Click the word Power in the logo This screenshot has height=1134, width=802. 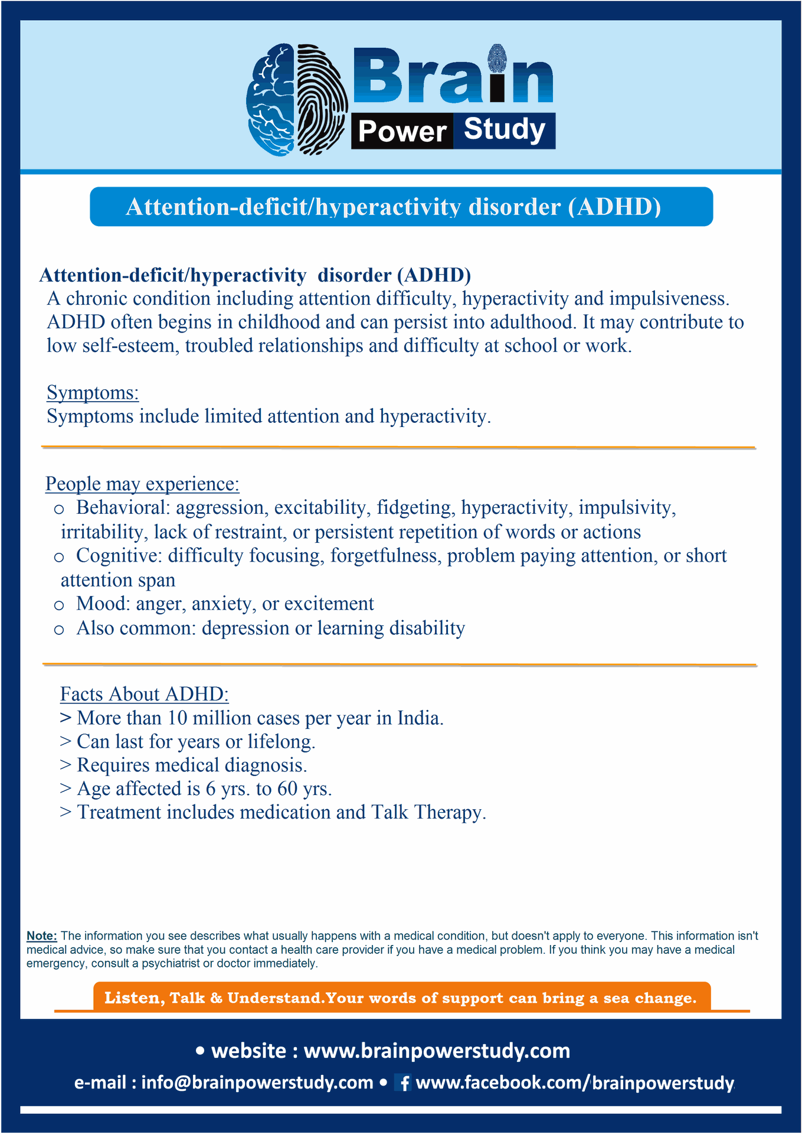pyautogui.click(x=402, y=131)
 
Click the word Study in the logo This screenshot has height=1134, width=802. pyautogui.click(x=504, y=129)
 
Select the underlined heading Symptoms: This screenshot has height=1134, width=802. pyautogui.click(x=93, y=393)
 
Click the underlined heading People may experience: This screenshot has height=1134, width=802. pyautogui.click(x=142, y=484)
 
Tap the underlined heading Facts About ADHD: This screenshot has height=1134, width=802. pyautogui.click(x=144, y=694)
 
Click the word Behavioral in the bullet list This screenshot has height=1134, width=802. pyautogui.click(x=123, y=508)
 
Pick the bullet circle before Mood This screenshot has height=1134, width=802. pyautogui.click(x=59, y=605)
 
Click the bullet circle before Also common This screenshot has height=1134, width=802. pyautogui.click(x=59, y=630)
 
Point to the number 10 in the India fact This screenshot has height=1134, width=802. pyautogui.click(x=177, y=718)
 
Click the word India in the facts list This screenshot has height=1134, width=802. pyautogui.click(x=420, y=718)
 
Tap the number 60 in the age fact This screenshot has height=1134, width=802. pyautogui.click(x=287, y=789)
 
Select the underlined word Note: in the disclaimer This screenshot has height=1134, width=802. pyautogui.click(x=42, y=936)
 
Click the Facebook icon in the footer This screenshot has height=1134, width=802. pyautogui.click(x=404, y=1083)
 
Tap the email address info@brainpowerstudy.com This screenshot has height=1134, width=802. pyautogui.click(x=257, y=1083)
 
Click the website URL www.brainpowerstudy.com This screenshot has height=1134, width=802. pyautogui.click(x=437, y=1051)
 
